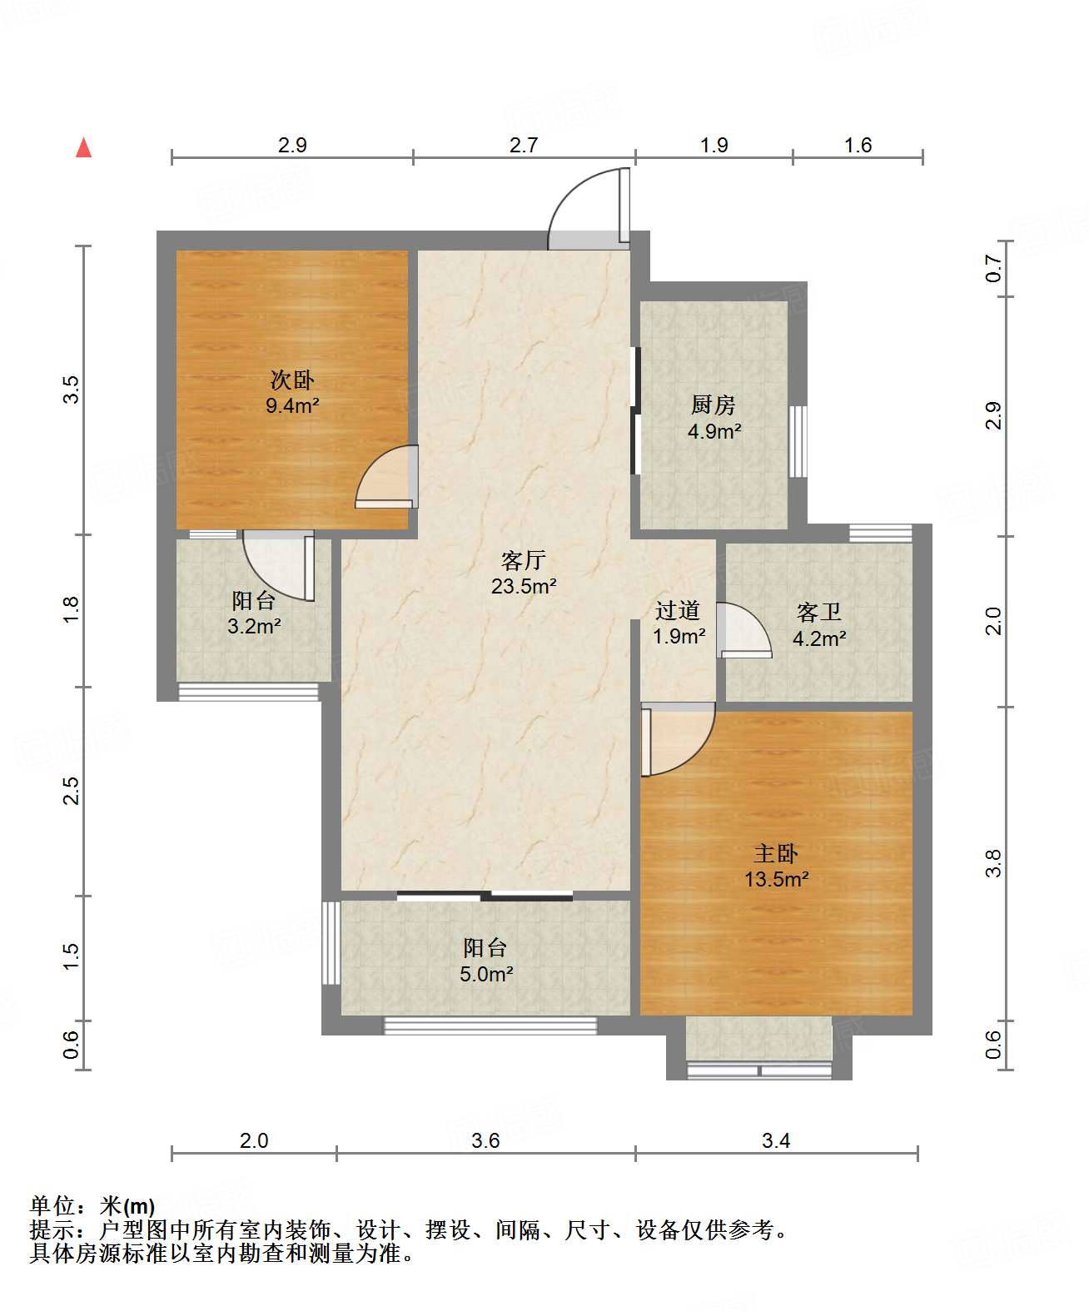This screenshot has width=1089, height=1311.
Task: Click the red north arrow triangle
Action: [x=83, y=147]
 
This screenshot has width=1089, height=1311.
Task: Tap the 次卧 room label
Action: [x=292, y=380]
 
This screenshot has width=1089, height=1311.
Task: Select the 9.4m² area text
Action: [x=292, y=405]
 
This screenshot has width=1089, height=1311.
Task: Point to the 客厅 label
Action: [x=523, y=559]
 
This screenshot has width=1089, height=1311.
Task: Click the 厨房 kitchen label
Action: [x=714, y=405]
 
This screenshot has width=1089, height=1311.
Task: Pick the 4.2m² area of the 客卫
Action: [x=819, y=638]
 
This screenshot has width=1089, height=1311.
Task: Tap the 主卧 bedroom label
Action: [x=776, y=853]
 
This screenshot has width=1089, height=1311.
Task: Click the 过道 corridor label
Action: [x=678, y=609]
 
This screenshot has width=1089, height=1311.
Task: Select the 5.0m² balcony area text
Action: [x=486, y=974]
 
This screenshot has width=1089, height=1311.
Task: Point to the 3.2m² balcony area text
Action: [x=254, y=626]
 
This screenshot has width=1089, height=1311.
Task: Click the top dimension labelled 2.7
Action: [x=523, y=145]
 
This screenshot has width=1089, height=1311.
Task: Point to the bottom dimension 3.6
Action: [x=485, y=1140]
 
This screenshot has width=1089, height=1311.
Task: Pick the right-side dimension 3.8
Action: [x=993, y=862]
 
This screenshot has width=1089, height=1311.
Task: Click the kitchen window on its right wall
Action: [x=798, y=442]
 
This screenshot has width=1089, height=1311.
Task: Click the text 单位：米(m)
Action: [x=92, y=1205]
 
